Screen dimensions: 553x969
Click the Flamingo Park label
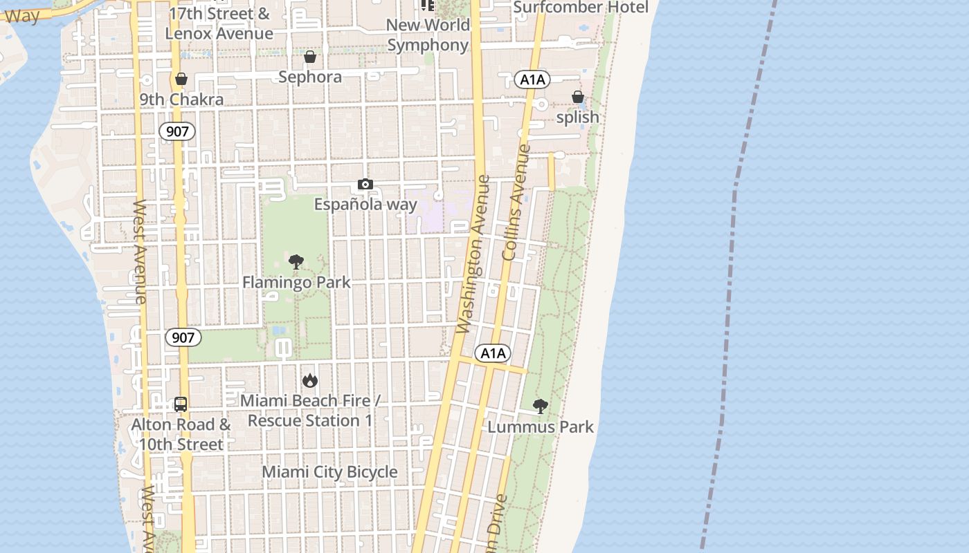tap(296, 282)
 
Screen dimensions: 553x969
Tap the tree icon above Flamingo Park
tap(296, 262)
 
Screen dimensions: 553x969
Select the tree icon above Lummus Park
tap(541, 406)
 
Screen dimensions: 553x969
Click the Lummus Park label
tap(541, 427)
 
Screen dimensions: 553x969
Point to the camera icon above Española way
tap(365, 184)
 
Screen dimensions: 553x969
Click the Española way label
tap(365, 205)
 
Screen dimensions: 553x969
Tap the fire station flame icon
tap(309, 380)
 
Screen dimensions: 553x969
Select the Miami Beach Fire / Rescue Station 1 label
tap(309, 411)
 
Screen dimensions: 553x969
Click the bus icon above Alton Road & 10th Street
tap(181, 404)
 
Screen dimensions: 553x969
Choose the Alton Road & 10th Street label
tap(181, 434)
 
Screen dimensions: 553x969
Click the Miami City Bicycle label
tap(329, 472)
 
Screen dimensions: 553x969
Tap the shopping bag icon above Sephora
tap(310, 57)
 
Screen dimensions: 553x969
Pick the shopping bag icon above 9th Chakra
tap(181, 79)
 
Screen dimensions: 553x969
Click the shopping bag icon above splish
tap(578, 97)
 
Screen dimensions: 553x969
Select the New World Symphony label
tap(428, 35)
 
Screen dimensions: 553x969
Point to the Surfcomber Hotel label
tap(581, 8)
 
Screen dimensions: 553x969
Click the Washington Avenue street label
tap(474, 254)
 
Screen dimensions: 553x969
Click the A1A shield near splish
tap(532, 79)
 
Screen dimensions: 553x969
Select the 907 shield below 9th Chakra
tap(177, 131)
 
